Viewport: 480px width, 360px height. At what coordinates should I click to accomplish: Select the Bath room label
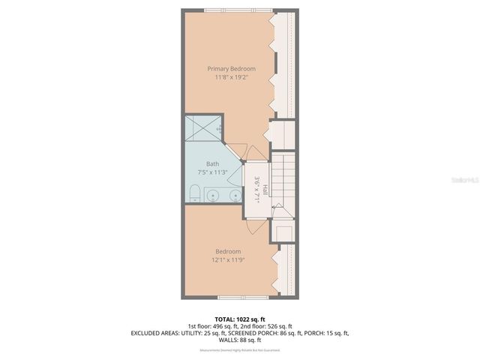tap(213, 163)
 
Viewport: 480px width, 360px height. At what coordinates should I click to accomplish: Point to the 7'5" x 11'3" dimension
tap(213, 172)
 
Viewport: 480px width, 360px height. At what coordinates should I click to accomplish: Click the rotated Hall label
tap(265, 192)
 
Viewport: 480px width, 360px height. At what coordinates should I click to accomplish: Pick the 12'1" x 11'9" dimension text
tap(228, 259)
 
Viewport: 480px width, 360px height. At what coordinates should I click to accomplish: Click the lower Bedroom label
tap(228, 251)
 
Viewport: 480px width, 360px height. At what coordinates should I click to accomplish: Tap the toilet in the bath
tap(193, 196)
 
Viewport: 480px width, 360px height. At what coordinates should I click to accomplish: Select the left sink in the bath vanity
tap(213, 196)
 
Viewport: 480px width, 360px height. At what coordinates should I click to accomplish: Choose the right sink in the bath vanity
tap(235, 196)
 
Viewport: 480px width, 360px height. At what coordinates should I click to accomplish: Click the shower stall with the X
tap(202, 126)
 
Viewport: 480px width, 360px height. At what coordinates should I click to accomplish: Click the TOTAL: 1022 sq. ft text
tap(240, 319)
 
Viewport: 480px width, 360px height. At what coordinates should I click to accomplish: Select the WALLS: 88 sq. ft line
tap(240, 339)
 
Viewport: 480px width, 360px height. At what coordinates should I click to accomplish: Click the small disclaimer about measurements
tap(240, 350)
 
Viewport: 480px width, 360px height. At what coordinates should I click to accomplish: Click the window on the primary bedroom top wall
tap(238, 10)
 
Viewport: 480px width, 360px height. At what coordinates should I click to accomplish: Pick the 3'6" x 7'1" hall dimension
tap(256, 187)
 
